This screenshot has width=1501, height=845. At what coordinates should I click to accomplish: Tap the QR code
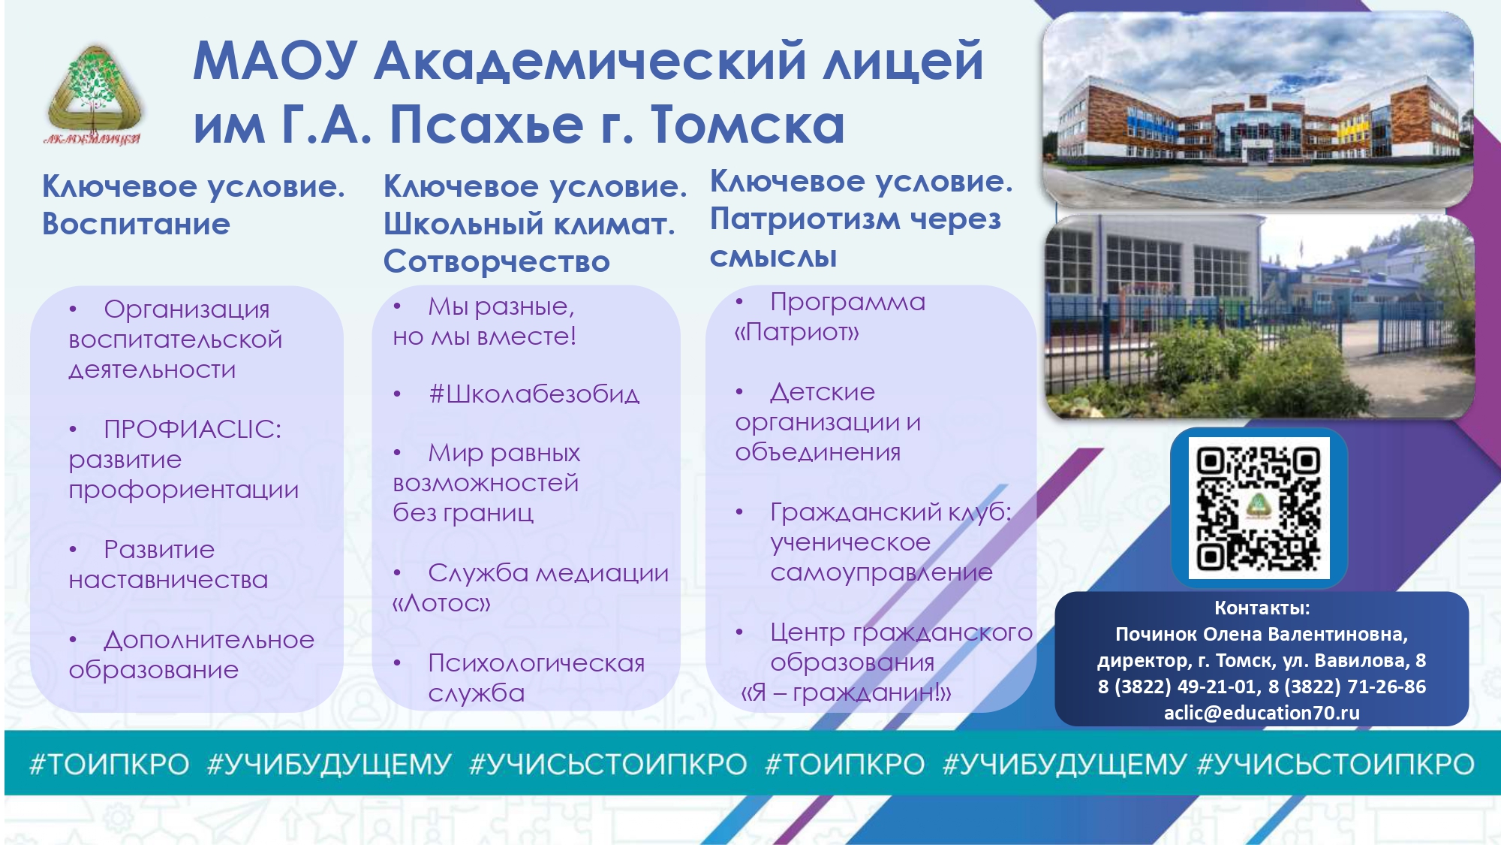(x=1259, y=508)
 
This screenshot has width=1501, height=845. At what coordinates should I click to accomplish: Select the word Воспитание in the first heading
(x=136, y=224)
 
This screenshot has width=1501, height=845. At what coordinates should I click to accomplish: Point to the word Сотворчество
(x=496, y=261)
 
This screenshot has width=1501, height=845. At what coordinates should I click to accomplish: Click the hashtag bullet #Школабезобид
(x=534, y=394)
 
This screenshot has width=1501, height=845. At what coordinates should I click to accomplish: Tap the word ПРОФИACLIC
(x=192, y=429)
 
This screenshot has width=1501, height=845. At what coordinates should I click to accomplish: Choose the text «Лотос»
(x=441, y=603)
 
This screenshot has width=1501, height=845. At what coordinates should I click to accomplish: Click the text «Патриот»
(x=796, y=332)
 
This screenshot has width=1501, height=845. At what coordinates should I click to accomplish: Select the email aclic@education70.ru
(x=1262, y=713)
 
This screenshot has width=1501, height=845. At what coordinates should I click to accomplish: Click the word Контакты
(x=1262, y=608)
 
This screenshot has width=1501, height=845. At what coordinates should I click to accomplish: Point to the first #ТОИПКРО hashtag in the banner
(x=109, y=765)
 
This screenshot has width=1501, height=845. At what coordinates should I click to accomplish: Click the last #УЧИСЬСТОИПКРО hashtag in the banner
(x=1336, y=765)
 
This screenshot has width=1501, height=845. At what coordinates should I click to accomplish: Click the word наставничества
(x=168, y=580)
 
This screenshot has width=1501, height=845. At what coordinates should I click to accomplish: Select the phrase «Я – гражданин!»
(x=846, y=693)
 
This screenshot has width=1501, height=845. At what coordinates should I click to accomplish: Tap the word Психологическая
(x=536, y=663)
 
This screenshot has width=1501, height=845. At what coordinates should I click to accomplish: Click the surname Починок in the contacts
(x=1157, y=634)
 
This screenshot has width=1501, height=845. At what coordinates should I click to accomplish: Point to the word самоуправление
(x=881, y=572)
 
